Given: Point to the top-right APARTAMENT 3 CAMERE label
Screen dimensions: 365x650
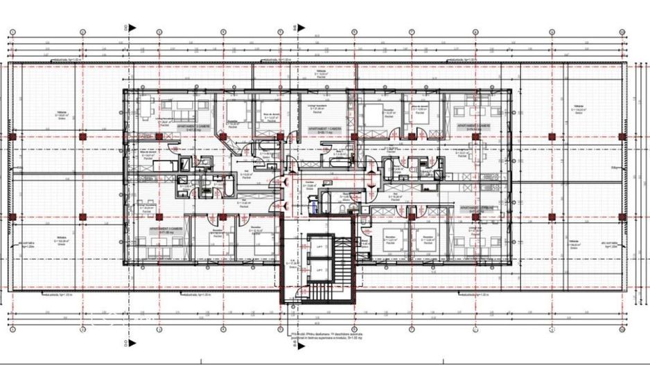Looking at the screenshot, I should pos(474,127).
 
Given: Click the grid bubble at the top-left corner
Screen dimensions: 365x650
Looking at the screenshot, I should pos(12,33).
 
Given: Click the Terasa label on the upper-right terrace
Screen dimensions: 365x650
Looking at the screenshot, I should pos(579,108).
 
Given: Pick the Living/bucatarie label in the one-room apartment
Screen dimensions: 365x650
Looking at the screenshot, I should pos(316,108).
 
